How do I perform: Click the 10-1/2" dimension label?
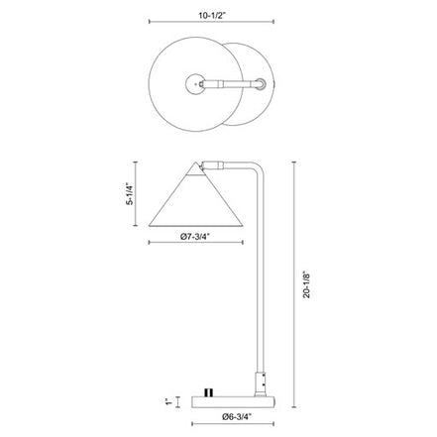pyautogui.click(x=212, y=15)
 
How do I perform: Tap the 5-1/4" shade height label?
pyautogui.click(x=130, y=193)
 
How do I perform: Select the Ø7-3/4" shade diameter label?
pyautogui.click(x=195, y=236)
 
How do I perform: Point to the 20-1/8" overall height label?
pyautogui.click(x=307, y=284)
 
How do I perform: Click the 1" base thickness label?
pyautogui.click(x=168, y=401)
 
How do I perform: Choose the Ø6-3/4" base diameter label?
pyautogui.click(x=237, y=417)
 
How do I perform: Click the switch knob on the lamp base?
pyautogui.click(x=209, y=392)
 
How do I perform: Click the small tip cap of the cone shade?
pyautogui.click(x=196, y=169)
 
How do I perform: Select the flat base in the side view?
pyautogui.click(x=233, y=401)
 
